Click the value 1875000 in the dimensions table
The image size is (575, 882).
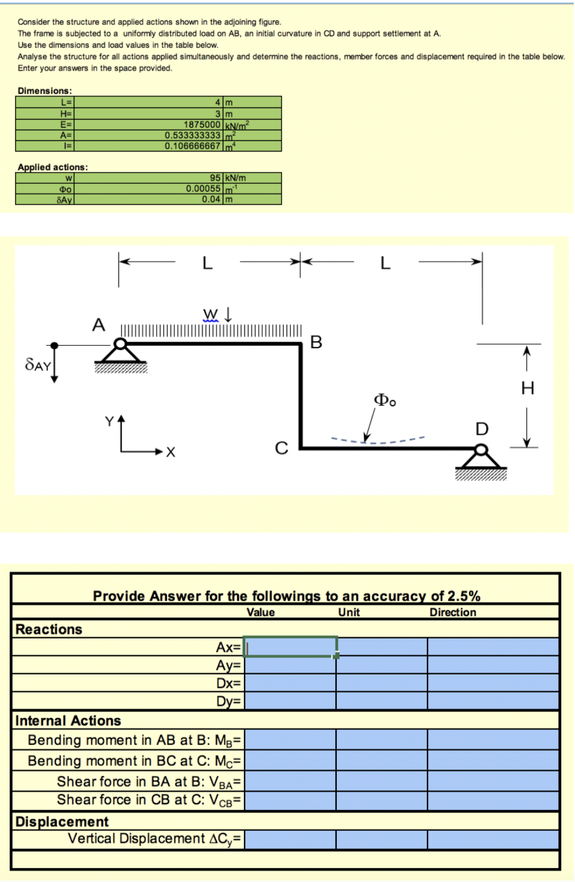click(202, 124)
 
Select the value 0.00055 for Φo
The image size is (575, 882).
click(203, 189)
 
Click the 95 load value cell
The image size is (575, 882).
click(215, 178)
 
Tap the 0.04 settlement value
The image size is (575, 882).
click(211, 199)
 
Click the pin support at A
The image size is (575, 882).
click(120, 353)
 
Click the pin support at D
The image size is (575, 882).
click(481, 459)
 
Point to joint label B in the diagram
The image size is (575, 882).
click(317, 343)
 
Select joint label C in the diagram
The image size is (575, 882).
click(282, 449)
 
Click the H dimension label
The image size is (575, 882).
click(528, 388)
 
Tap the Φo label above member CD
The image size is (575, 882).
click(385, 400)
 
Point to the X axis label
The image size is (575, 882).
click(171, 452)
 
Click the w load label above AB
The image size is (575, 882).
click(210, 314)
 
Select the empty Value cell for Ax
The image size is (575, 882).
click(290, 647)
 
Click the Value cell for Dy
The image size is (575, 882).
click(290, 701)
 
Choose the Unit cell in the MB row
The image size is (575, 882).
click(381, 739)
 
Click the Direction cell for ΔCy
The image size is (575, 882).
click(493, 839)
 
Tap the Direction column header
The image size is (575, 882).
click(453, 612)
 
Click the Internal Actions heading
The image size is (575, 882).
click(68, 720)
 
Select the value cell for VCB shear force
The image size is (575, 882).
click(290, 800)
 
